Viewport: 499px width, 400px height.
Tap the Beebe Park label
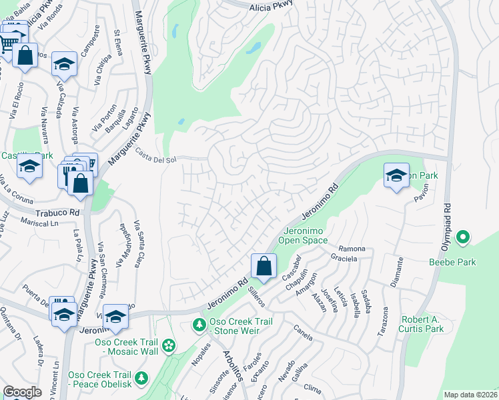452,262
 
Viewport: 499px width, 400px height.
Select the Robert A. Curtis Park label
421,323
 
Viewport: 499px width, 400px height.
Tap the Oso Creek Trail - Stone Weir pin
198,325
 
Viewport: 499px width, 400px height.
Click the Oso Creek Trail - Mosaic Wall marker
169,345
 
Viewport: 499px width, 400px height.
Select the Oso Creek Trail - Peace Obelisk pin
141,378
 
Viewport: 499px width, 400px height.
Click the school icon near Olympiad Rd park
396,176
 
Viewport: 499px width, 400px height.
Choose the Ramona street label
352,248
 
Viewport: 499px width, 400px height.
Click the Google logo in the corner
22,392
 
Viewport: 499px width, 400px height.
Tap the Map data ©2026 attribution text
471,395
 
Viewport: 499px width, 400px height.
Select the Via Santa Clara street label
138,243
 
